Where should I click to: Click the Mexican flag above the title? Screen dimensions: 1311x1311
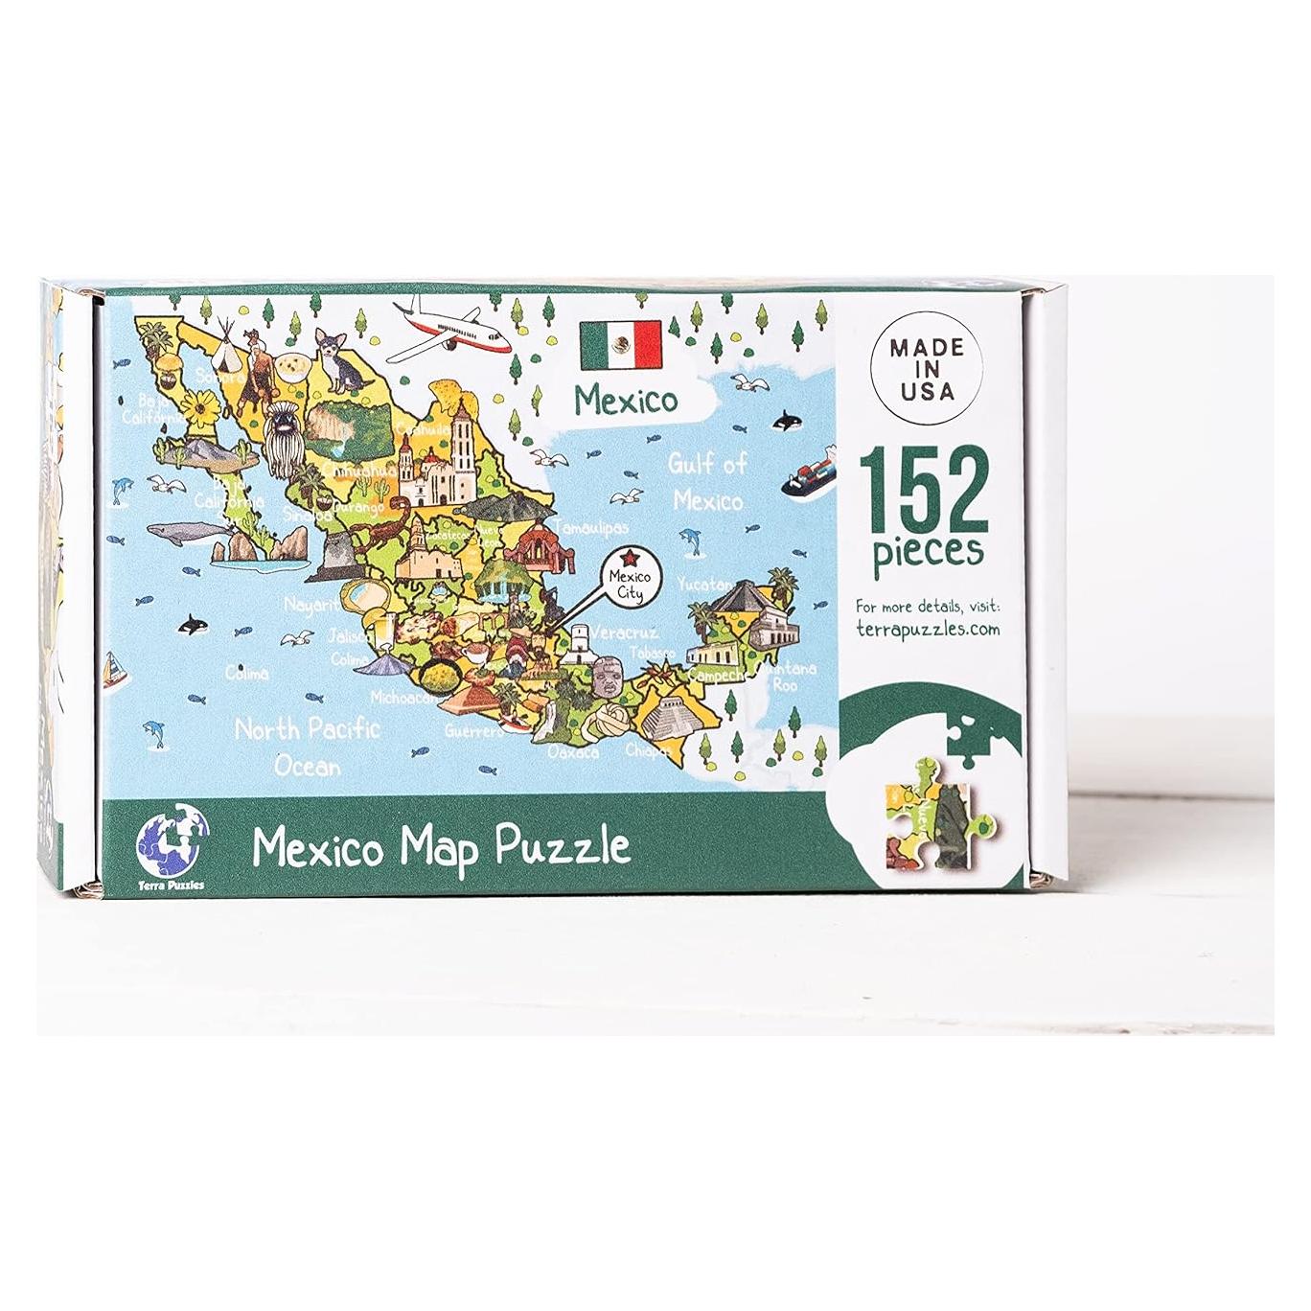pyautogui.click(x=621, y=344)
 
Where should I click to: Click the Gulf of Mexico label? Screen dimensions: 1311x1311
pyautogui.click(x=706, y=482)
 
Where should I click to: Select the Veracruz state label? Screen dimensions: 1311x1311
pyautogui.click(x=625, y=632)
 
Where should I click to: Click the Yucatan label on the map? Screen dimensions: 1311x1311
pyautogui.click(x=705, y=584)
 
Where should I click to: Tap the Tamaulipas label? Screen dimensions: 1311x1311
pyautogui.click(x=595, y=528)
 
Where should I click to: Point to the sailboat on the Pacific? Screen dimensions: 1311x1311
pyautogui.click(x=114, y=668)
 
